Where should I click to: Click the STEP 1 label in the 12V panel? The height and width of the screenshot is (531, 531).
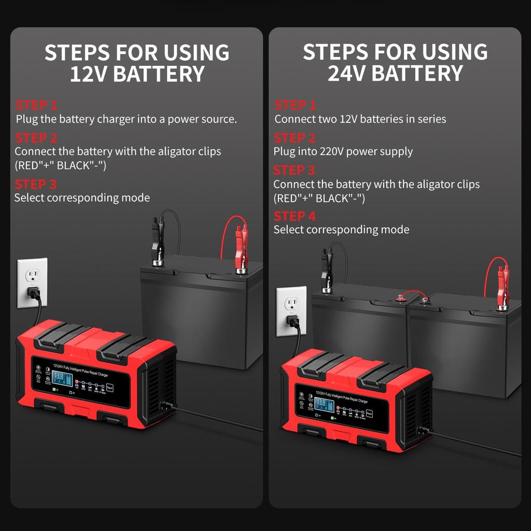[36, 105]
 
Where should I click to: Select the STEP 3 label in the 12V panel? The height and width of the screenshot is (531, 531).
[36, 185]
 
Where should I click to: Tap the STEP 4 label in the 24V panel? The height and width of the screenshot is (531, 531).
[295, 216]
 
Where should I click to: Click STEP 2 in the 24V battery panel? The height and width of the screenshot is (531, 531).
[295, 138]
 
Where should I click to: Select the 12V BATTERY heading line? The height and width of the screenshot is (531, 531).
[137, 74]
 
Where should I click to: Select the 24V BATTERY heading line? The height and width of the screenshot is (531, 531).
[395, 74]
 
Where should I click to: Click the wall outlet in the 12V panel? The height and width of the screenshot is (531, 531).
[32, 283]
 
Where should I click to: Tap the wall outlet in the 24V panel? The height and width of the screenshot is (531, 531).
[291, 311]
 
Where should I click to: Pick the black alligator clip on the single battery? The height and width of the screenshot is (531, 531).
[156, 244]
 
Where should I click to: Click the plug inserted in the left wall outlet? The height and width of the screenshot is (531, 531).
[34, 293]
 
